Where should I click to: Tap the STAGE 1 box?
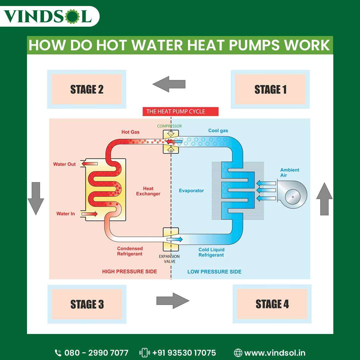click(x=270, y=89)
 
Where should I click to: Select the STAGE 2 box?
click(x=87, y=89)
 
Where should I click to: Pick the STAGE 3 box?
click(x=87, y=304)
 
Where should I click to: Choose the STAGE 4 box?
click(x=272, y=304)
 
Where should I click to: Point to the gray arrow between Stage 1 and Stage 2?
click(x=169, y=84)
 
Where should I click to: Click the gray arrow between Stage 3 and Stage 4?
click(x=173, y=301)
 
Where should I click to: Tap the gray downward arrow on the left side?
click(x=36, y=198)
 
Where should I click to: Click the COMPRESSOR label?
click(x=170, y=126)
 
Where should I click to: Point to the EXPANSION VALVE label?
click(x=169, y=259)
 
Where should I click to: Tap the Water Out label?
click(x=64, y=164)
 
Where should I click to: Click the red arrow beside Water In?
click(x=89, y=214)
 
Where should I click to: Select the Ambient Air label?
click(x=290, y=172)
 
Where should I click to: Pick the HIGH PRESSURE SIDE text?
click(x=129, y=272)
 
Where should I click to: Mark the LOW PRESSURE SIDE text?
click(x=214, y=272)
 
